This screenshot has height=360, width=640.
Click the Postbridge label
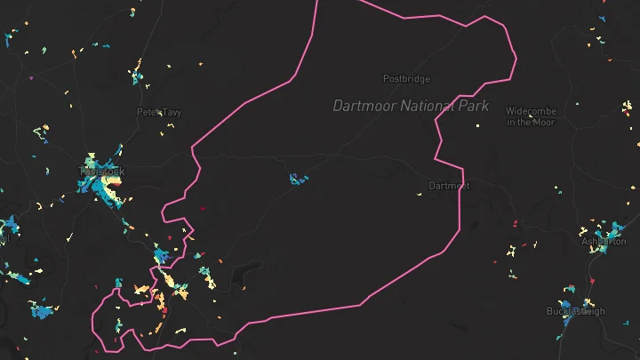[x=406, y=78]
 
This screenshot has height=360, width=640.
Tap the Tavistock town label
[x=102, y=171]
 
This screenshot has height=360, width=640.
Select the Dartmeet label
[x=448, y=186]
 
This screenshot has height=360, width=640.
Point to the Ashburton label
[x=604, y=241]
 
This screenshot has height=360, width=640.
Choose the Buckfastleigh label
[x=575, y=311]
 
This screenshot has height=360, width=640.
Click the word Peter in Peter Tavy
[x=148, y=112]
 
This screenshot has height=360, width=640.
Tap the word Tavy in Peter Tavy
[x=171, y=112]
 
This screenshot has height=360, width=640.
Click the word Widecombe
[x=531, y=111]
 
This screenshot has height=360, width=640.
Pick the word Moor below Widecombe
[x=544, y=122]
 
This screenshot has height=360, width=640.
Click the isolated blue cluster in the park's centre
[x=298, y=180]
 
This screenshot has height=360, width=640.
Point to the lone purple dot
[x=31, y=78]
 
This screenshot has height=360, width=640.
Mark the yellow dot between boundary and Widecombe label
[x=477, y=128]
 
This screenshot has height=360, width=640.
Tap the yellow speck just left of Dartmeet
[x=420, y=191]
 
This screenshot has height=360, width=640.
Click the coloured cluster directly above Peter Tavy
[x=137, y=71]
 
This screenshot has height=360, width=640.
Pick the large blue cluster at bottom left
[x=41, y=310]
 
